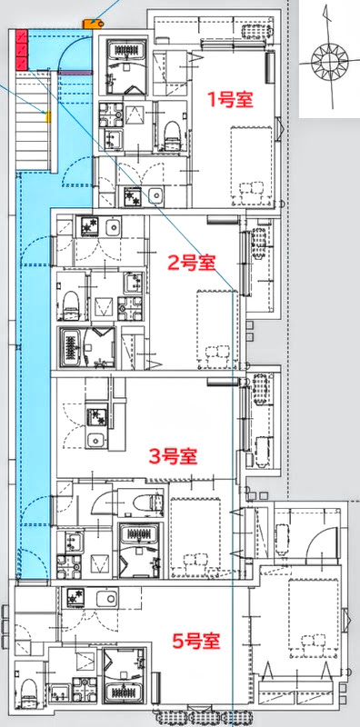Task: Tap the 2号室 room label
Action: click(x=191, y=264)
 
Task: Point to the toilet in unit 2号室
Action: click(x=69, y=302)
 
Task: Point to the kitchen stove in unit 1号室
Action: click(x=132, y=194)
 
